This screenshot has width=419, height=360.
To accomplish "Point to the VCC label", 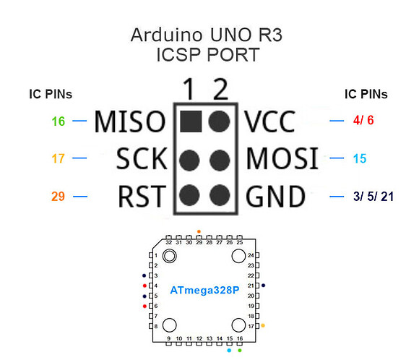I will (271, 121).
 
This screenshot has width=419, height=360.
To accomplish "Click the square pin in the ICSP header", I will (191, 121).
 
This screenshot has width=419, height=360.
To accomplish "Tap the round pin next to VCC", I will (220, 121).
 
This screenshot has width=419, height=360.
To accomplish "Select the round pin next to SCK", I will (191, 158).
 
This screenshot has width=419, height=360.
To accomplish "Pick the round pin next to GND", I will (220, 196).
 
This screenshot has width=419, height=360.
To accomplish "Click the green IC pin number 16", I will (59, 121).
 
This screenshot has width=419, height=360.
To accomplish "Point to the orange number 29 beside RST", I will (59, 196).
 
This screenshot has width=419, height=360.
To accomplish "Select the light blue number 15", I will (360, 158).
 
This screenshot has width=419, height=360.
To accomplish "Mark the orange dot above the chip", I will (199, 231).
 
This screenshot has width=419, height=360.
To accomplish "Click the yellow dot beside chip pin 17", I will (263, 325).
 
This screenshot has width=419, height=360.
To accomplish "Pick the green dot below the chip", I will (239, 351).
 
